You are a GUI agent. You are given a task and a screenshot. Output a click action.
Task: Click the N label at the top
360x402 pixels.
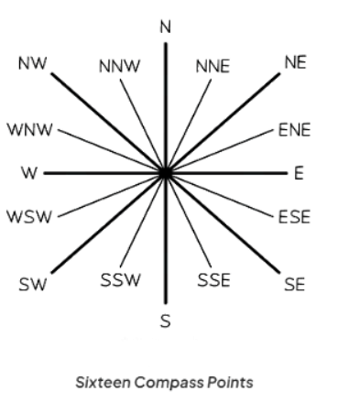[166, 26]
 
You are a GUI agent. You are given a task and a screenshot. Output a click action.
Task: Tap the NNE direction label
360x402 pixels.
[212, 67]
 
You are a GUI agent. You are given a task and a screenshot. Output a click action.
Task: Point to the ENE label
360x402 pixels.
[294, 129]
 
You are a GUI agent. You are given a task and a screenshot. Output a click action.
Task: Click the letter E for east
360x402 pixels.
[299, 172]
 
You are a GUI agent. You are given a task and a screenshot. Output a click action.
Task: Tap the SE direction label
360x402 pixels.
[294, 285]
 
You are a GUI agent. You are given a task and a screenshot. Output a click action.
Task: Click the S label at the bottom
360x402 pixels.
[166, 321]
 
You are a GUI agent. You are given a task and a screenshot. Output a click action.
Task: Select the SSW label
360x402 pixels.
[120, 279]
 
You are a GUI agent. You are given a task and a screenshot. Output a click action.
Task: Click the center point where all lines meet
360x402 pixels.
[165, 172]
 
